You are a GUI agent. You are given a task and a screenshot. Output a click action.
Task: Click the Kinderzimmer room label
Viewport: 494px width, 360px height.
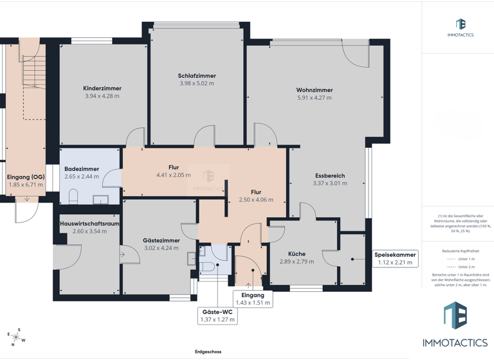click(x=102, y=89)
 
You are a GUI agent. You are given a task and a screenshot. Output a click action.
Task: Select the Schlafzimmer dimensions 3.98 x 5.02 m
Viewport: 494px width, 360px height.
click(x=197, y=84)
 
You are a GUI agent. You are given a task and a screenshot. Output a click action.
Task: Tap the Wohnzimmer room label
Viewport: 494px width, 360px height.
click(x=315, y=90)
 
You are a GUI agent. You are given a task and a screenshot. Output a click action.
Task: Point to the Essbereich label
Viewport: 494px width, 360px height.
click(x=330, y=175)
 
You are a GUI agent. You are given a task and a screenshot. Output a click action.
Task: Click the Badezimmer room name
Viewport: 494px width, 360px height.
click(x=82, y=169)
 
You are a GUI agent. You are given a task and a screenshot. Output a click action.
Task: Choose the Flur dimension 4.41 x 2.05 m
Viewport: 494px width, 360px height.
click(x=174, y=175)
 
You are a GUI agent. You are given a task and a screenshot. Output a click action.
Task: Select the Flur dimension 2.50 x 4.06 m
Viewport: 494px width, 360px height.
click(x=256, y=200)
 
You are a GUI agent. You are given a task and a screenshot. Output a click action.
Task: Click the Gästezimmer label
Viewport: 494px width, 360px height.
click(x=161, y=240)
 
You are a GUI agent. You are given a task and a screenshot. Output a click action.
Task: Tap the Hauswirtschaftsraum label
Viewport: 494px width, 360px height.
click(x=89, y=224)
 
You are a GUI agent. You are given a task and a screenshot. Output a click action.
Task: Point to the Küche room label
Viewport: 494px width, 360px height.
click(x=297, y=254)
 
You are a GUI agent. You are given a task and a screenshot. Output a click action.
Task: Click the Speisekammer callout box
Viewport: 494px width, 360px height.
click(x=395, y=258)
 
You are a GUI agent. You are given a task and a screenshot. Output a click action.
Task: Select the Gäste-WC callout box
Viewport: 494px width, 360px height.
click(x=217, y=315)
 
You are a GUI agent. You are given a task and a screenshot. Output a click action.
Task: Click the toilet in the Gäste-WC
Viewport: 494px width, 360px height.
click(x=205, y=265)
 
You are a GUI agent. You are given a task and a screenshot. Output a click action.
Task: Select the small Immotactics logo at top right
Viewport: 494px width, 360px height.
click(x=460, y=28)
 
